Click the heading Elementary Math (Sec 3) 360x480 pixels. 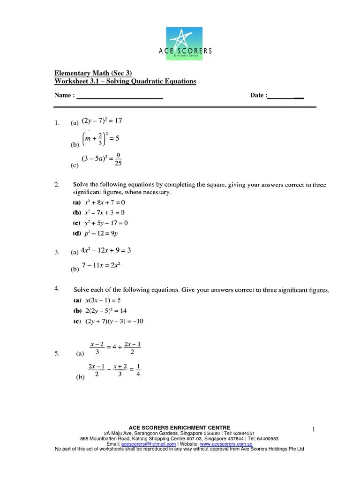tap(93, 73)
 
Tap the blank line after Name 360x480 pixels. tap(120, 96)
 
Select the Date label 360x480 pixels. tap(258, 95)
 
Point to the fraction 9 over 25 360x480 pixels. tap(119, 160)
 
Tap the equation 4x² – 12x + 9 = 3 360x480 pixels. tap(106, 251)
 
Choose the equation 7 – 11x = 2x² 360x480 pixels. tap(101, 266)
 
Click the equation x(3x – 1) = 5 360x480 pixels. tap(103, 300)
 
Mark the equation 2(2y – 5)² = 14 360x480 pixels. tap(106, 310)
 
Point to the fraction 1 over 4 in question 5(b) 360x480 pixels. tap(139, 370)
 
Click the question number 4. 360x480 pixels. tap(56, 289)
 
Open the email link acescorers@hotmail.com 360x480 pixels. tap(149, 444)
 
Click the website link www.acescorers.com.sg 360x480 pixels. tap(226, 444)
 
